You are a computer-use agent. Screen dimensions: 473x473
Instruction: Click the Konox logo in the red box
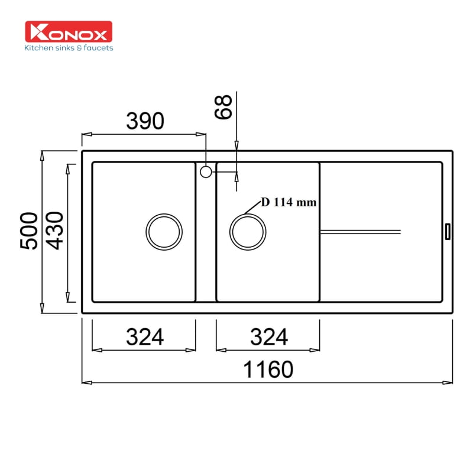(69, 32)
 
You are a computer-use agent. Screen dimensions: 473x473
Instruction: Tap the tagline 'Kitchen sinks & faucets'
(69, 48)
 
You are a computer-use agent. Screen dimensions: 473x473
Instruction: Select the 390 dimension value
(144, 121)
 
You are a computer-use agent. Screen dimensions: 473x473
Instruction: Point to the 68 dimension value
(224, 106)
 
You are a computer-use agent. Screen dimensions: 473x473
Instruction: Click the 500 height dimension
(30, 231)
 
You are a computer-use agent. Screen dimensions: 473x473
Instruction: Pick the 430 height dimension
(57, 231)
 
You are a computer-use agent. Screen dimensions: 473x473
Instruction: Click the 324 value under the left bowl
(144, 337)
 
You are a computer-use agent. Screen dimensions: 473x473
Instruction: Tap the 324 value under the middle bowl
(268, 337)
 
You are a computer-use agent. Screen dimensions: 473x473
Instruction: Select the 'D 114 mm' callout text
(289, 202)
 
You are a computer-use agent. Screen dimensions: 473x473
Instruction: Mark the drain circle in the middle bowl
(248, 231)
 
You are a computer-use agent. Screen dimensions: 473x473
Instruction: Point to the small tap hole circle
(206, 172)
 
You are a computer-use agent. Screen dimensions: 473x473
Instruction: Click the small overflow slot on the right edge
(448, 231)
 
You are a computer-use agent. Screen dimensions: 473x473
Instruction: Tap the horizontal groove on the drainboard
(360, 231)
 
